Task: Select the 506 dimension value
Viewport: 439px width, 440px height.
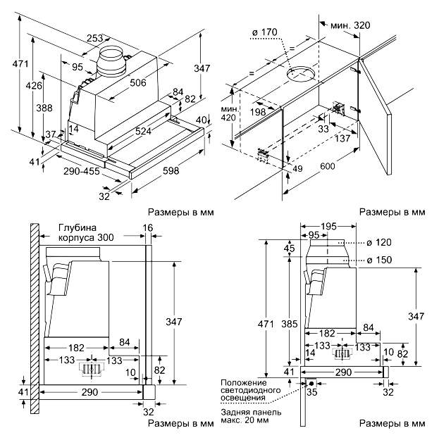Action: click(x=138, y=82)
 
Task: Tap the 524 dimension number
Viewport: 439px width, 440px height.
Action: click(x=143, y=130)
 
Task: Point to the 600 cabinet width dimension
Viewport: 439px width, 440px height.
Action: click(x=328, y=166)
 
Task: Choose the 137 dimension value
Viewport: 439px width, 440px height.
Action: click(x=343, y=138)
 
